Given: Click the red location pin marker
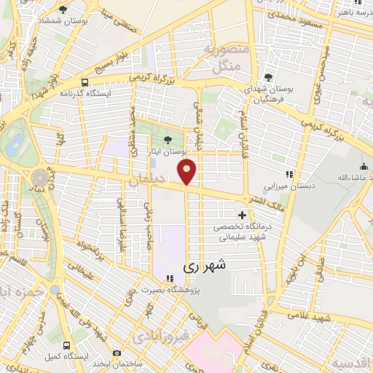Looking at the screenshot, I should (x=187, y=172).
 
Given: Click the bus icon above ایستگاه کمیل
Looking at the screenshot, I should (x=67, y=346).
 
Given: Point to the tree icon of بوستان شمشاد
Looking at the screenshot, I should (x=63, y=9).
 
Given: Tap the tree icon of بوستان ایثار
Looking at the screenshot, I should (x=169, y=139).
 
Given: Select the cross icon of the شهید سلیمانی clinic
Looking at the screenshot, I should (x=242, y=215).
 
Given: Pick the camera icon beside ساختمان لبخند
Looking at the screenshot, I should (x=117, y=353).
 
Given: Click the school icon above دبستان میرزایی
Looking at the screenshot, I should (x=290, y=173).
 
